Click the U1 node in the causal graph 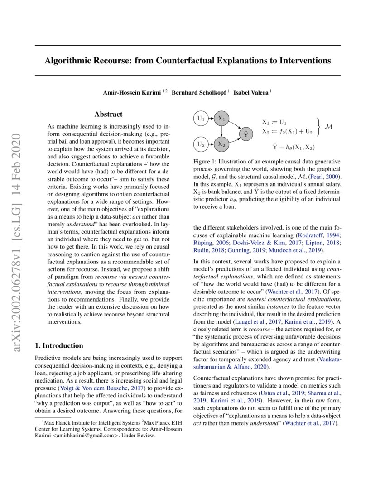[201, 119]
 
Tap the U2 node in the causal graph [201, 144]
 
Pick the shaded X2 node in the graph [221, 144]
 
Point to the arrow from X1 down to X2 [221, 131]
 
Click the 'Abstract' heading [108, 115]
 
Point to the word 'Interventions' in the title [303, 61]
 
